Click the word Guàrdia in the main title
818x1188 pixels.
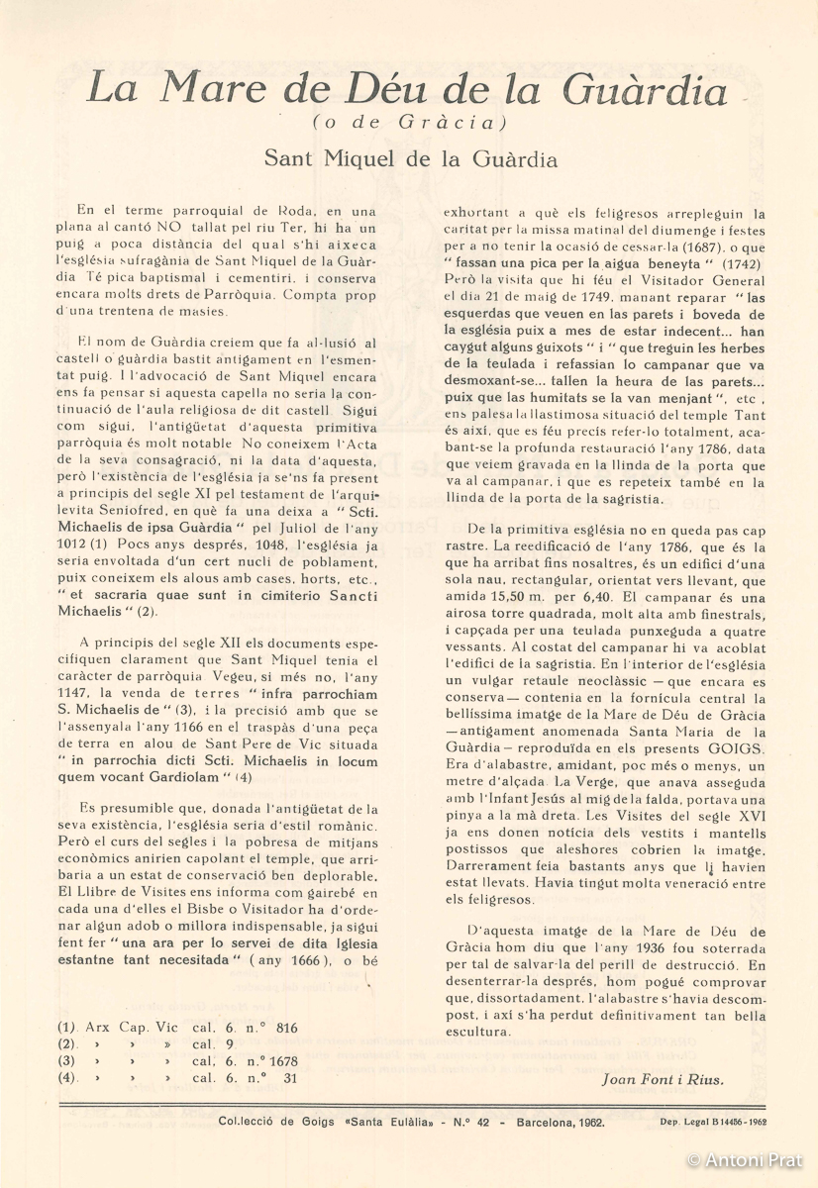point(644,90)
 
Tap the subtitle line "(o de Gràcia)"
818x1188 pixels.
point(409,124)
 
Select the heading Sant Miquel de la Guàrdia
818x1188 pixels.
point(409,158)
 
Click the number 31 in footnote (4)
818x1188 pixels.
point(288,1078)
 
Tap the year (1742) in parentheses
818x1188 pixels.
point(732,263)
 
